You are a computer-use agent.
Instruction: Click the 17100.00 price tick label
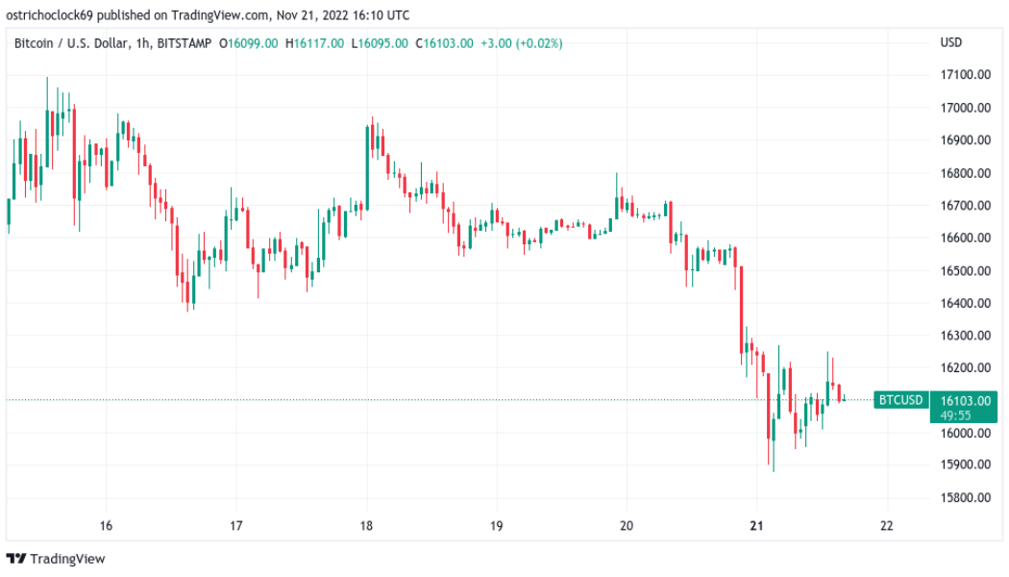[965, 75]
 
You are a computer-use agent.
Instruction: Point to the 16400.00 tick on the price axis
[965, 303]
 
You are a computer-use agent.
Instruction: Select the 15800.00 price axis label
[965, 498]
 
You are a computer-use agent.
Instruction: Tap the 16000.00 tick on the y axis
[965, 433]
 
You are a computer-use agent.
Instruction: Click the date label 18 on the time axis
[366, 526]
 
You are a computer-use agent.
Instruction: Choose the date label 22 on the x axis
[886, 526]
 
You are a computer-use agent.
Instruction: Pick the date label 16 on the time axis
[106, 526]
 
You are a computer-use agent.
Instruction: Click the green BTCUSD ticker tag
[901, 400]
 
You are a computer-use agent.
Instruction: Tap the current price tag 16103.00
[964, 400]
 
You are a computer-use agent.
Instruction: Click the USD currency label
[950, 43]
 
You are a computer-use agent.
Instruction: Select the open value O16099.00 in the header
[249, 43]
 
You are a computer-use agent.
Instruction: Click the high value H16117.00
[314, 43]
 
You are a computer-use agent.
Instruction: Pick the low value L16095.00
[379, 43]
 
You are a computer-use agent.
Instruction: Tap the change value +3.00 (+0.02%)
[522, 43]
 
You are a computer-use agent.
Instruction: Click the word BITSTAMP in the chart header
[184, 43]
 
